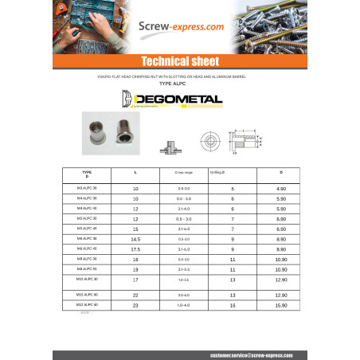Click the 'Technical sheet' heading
point(179,61)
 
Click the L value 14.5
point(135,238)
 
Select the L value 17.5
point(135,248)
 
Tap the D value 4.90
point(280,188)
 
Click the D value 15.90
point(280,305)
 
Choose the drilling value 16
point(233,305)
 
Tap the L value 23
point(135,305)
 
